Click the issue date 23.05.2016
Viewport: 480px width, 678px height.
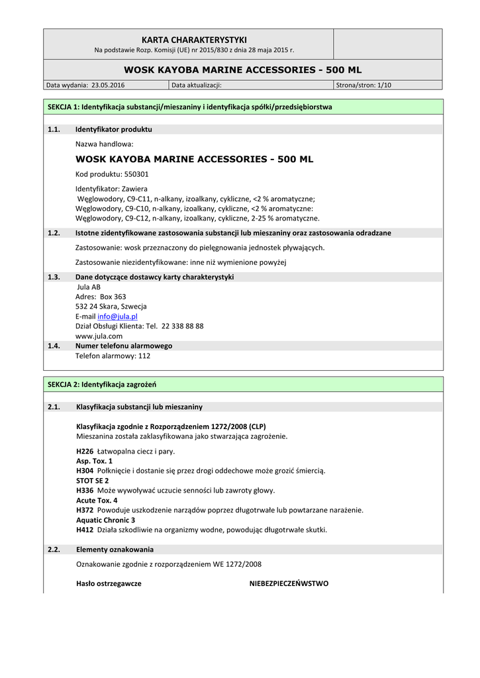(108, 85)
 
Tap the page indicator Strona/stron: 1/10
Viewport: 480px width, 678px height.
(363, 85)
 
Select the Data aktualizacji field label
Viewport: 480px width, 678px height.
(197, 85)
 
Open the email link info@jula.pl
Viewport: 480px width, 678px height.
(117, 316)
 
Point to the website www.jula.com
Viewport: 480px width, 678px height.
(99, 336)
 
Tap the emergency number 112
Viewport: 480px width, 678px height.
(144, 356)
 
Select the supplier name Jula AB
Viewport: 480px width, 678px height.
(89, 287)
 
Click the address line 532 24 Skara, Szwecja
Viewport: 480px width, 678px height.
(111, 307)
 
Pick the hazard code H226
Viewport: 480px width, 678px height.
(85, 450)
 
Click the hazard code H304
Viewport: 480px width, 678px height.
(85, 470)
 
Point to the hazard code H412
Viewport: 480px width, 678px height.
(85, 530)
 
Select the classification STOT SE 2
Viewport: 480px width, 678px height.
(93, 480)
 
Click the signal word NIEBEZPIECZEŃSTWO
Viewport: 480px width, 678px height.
(289, 583)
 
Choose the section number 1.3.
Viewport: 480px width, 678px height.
(54, 277)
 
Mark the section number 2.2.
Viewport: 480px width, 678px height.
(54, 550)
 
